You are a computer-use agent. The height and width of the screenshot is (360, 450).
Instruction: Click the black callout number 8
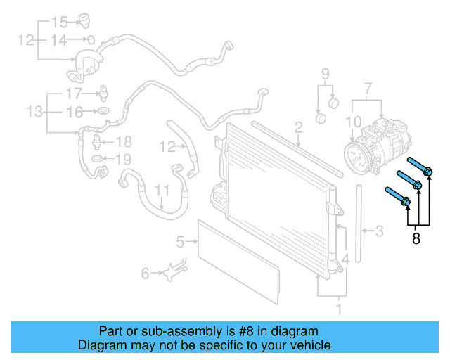click(x=416, y=238)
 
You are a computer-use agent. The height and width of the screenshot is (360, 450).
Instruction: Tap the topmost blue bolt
click(x=420, y=166)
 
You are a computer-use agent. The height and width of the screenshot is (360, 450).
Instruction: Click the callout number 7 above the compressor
click(x=368, y=89)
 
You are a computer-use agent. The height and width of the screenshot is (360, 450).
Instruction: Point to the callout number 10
click(x=354, y=122)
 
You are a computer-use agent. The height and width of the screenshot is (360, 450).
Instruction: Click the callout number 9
click(x=325, y=74)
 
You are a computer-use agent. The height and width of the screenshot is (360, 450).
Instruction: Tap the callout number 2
click(x=298, y=127)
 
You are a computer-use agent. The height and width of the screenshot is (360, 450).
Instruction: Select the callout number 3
click(x=380, y=231)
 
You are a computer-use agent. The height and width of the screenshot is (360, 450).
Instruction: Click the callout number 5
click(x=180, y=242)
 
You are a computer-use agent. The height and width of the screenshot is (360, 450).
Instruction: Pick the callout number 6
click(x=146, y=273)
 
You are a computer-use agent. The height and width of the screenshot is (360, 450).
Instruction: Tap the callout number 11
click(x=162, y=191)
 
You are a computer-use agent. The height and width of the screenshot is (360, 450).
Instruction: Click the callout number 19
click(x=124, y=160)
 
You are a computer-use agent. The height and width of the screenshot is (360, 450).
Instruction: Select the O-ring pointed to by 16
click(x=103, y=110)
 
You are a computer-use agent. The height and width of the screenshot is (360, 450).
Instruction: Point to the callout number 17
click(x=74, y=94)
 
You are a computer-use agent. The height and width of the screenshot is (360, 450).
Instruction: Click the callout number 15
click(x=60, y=22)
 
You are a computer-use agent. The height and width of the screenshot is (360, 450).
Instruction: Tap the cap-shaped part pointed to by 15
click(x=84, y=20)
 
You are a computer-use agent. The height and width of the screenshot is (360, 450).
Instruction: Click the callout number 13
click(x=34, y=111)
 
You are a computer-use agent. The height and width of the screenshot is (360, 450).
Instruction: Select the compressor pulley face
click(x=358, y=159)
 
